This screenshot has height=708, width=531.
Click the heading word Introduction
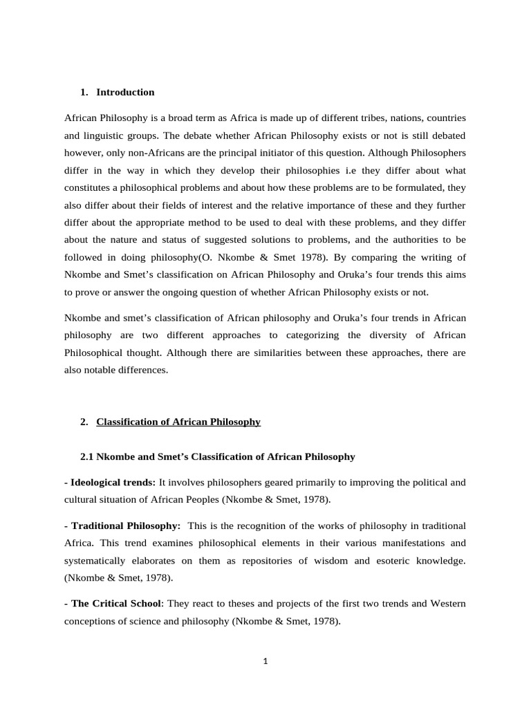pyautogui.click(x=125, y=92)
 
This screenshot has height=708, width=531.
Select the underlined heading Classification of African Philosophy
pyautogui.click(x=178, y=422)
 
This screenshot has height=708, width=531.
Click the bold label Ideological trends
pyautogui.click(x=111, y=482)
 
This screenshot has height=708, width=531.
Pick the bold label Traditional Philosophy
pyautogui.click(x=124, y=525)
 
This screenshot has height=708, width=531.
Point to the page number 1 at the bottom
pyautogui.click(x=265, y=660)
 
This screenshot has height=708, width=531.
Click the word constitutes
pyautogui.click(x=91, y=188)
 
